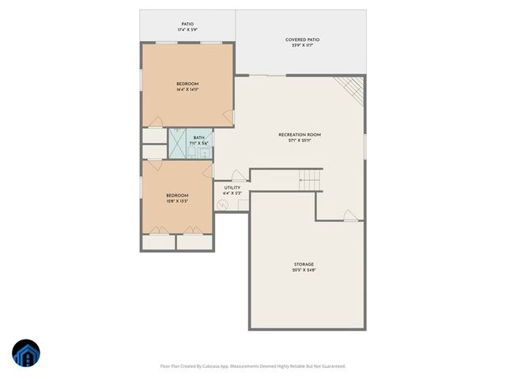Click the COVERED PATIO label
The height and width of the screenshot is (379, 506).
303,39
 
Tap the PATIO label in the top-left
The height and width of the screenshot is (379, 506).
187,24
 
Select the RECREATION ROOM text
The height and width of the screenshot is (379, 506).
300,135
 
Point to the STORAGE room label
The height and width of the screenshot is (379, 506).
304,264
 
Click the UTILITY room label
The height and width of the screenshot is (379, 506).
232,188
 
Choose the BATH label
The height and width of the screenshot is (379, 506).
198,137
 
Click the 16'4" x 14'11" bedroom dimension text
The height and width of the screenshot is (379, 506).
187,89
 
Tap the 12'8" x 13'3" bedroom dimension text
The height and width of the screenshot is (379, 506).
177,201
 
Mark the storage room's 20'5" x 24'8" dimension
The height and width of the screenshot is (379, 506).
304,270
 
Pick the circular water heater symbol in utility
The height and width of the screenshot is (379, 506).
223,205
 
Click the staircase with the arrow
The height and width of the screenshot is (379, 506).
310,181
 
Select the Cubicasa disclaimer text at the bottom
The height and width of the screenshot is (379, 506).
253,366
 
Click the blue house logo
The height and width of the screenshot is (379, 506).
26,353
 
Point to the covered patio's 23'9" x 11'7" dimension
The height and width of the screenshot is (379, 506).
303,46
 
